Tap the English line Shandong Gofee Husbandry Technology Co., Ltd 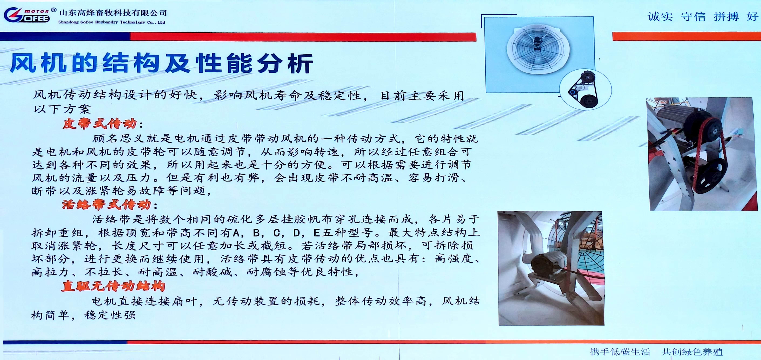click(x=112, y=22)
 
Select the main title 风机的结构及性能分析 click(x=161, y=63)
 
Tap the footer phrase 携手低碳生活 click(x=620, y=352)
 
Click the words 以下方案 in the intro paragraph click(x=62, y=109)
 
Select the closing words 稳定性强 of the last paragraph click(x=110, y=315)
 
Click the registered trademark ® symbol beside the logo click(x=53, y=10)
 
